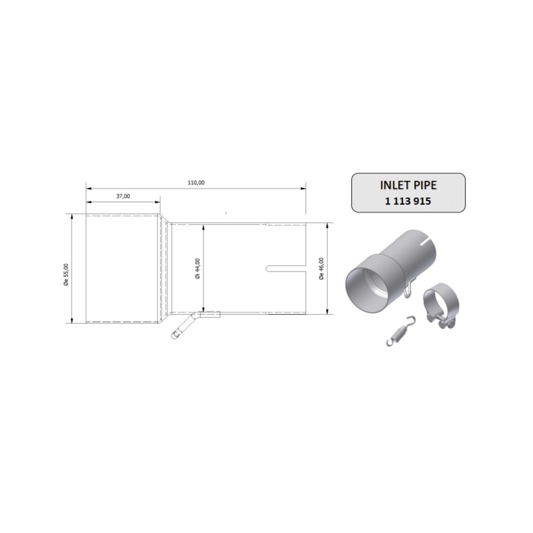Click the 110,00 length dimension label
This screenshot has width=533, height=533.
[196, 183]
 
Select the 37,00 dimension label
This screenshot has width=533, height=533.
[123, 196]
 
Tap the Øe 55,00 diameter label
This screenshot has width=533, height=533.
[66, 275]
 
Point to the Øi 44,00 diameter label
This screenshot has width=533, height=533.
[197, 269]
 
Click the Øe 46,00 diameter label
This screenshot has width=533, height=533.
[321, 269]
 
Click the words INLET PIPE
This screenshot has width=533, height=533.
[408, 185]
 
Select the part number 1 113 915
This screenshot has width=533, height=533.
[408, 201]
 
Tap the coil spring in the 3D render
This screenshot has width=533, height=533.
[401, 331]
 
